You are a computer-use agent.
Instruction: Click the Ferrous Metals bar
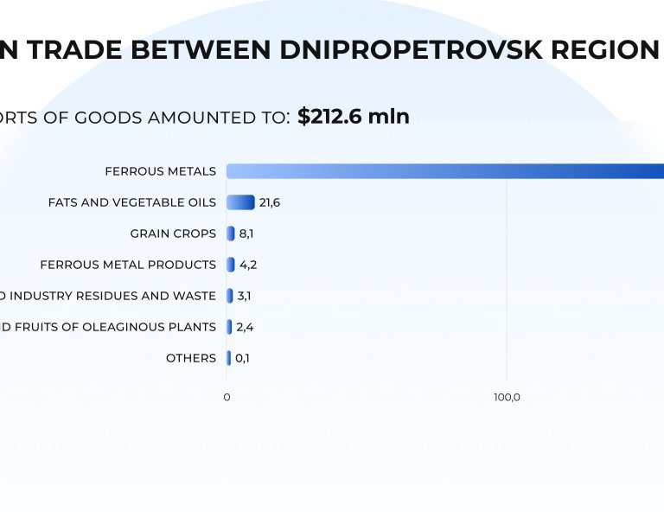point(444,171)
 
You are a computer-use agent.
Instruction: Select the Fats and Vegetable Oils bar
point(240,202)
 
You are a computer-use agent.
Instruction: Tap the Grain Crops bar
point(231,234)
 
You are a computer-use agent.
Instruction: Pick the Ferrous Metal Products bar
point(231,265)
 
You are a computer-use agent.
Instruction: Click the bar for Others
point(228,358)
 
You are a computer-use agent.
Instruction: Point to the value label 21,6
point(270,202)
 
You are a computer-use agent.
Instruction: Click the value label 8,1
point(246,234)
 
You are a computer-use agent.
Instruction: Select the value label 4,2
point(248,265)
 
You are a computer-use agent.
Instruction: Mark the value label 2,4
point(245,327)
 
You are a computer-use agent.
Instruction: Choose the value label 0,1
point(243,358)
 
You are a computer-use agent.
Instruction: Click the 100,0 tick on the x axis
point(507,397)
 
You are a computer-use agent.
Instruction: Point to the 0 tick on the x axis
point(227,397)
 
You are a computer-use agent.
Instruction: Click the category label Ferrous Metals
point(161,171)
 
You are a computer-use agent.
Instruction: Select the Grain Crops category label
point(173,234)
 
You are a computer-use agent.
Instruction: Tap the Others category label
point(191,358)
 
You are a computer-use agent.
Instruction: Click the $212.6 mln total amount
point(354,116)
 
